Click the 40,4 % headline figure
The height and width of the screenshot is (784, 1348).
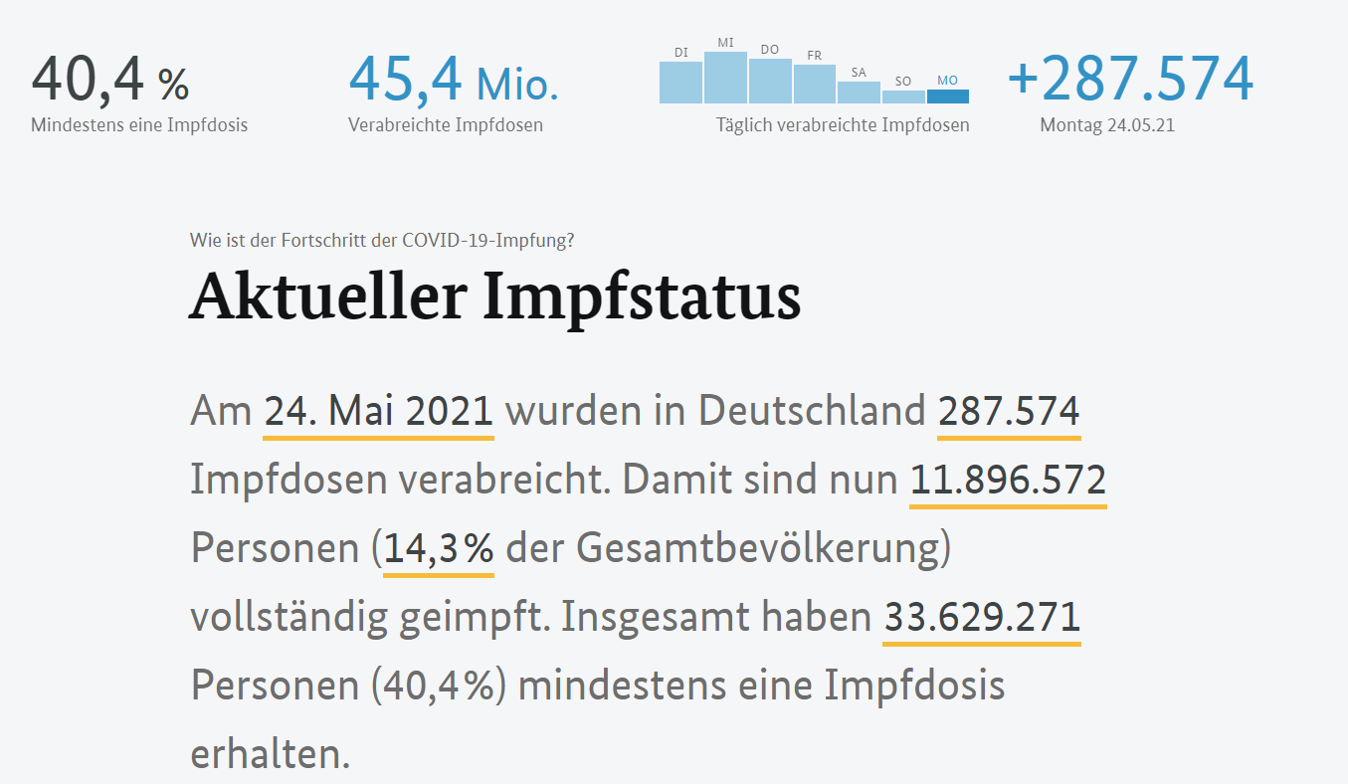(109, 81)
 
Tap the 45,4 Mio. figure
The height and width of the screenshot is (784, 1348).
(454, 81)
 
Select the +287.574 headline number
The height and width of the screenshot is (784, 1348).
(1130, 80)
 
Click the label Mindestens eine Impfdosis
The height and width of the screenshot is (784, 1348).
(139, 125)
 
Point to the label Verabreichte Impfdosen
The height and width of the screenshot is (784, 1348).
(446, 125)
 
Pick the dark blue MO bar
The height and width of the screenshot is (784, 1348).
(947, 97)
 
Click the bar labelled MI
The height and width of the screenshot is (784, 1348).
(725, 78)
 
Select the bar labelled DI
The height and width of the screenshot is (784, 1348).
(681, 83)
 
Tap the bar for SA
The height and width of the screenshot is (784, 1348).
(859, 93)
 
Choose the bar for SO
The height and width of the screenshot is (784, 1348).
(903, 97)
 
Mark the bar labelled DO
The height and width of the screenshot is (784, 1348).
(770, 81)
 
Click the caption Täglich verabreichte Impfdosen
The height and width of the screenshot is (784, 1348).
(843, 125)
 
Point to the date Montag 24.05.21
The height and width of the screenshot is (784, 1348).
(1107, 125)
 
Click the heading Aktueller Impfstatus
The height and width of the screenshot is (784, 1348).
(494, 295)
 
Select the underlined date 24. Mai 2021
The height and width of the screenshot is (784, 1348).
(378, 411)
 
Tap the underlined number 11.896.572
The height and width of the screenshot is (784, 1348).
(1008, 481)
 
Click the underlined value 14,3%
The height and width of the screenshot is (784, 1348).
(439, 549)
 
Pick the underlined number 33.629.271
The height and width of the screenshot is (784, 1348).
(981, 618)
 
